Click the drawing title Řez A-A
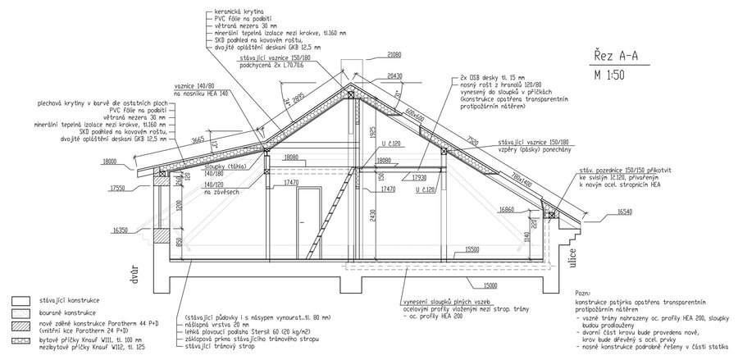[615, 57]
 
